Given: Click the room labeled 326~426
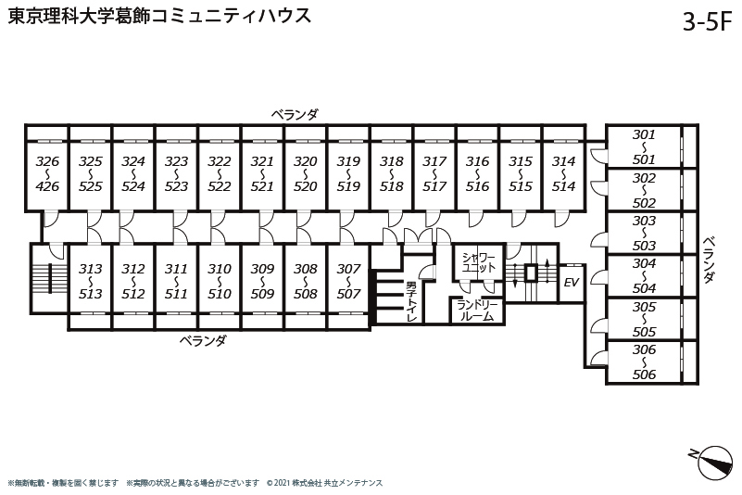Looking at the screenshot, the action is [x=47, y=174].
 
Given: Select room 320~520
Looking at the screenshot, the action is [x=305, y=174].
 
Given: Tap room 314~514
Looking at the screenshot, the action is [x=563, y=174].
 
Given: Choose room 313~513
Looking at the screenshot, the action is [x=90, y=282].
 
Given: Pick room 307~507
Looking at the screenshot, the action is [x=348, y=282].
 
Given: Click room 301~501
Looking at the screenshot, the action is [x=644, y=146].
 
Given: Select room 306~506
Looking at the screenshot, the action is [x=644, y=362].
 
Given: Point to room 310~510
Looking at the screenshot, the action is [x=220, y=282].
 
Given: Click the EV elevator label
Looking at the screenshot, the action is [x=572, y=283].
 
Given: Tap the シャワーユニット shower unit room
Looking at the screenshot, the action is [x=478, y=262].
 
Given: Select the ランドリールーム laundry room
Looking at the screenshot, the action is [x=477, y=311].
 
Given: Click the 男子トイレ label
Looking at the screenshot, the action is [x=411, y=302].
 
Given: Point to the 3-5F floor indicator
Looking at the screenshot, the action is [x=707, y=21].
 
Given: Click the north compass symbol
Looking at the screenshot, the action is [x=714, y=462].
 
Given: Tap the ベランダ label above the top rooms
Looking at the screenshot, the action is [x=295, y=114].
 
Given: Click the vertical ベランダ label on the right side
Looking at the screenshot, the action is [x=708, y=260].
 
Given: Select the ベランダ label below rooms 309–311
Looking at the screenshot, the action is [x=203, y=340].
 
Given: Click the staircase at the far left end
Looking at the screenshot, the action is [x=49, y=278].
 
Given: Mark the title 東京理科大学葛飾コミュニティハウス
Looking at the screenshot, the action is [x=159, y=16].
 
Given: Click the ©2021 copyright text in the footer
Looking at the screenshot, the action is [x=324, y=483].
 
